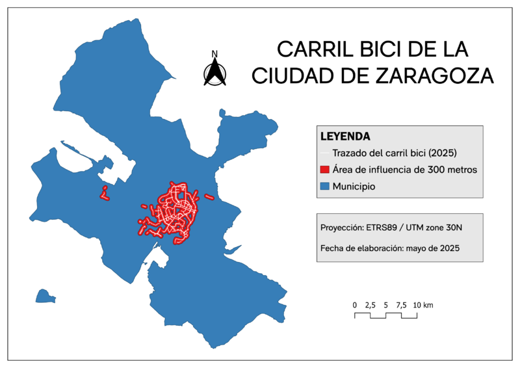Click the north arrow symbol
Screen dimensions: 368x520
coord(214,73)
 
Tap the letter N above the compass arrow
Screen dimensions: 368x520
coord(214,54)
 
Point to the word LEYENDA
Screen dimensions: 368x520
coord(345,137)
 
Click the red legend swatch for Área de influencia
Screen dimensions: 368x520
coord(325,170)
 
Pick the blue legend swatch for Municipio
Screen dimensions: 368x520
coord(325,187)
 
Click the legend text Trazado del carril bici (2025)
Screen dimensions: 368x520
coord(395,153)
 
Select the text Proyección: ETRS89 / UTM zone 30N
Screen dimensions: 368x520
coord(391,229)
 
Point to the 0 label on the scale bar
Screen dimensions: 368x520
coord(355,305)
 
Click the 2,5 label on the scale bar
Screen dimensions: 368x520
coord(370,305)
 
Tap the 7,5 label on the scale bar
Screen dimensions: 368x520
coord(401,305)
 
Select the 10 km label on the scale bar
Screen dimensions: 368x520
coord(423,305)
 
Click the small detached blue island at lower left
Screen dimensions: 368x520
coord(44,296)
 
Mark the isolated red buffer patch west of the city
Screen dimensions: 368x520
coord(103,192)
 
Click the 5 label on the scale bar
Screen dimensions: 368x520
coord(385,305)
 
